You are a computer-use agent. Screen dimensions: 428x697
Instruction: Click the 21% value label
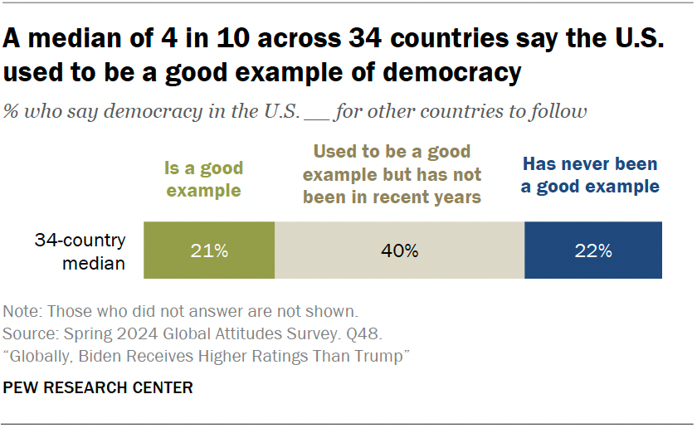point(209,250)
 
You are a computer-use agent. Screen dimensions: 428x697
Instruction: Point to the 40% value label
point(399,250)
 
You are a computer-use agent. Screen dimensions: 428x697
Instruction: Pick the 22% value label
point(593,250)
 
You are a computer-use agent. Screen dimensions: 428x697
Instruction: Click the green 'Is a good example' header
point(203,179)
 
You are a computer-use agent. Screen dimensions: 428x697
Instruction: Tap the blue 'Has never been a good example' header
point(590,175)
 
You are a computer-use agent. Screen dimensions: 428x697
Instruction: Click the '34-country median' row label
point(80,251)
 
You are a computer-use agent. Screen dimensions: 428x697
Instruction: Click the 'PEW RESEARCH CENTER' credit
point(98,387)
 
